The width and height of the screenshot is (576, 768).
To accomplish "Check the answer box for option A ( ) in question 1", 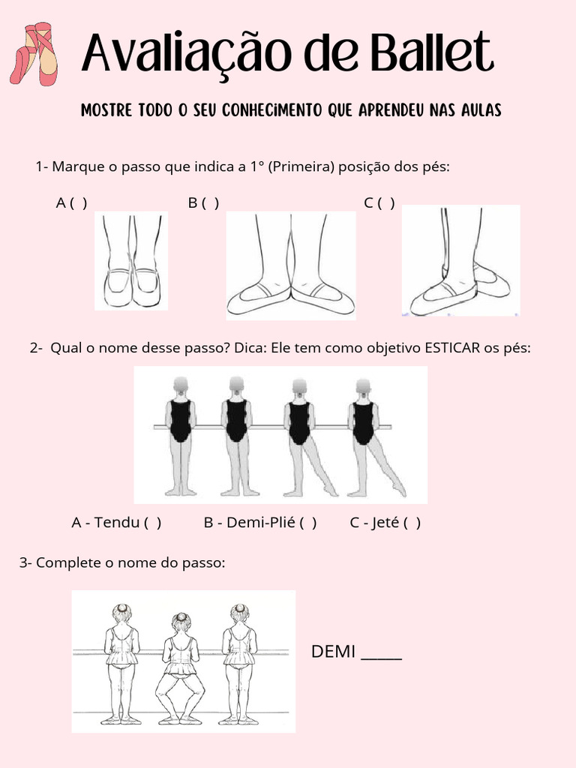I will [79, 202].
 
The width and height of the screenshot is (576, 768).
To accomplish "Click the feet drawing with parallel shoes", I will [131, 261].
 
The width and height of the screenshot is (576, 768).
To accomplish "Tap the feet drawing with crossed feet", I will [460, 261].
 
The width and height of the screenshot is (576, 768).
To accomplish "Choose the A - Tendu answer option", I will [116, 523].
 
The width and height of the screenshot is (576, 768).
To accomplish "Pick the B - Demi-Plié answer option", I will [259, 523].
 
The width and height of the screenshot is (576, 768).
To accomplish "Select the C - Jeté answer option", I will [385, 523].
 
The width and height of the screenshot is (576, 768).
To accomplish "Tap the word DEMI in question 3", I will [333, 652].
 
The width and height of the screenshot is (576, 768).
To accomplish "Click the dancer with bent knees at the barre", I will [180, 667].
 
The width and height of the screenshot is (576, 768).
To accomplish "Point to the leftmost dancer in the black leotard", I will [180, 435].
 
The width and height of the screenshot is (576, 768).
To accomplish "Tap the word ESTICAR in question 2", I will [452, 348].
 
